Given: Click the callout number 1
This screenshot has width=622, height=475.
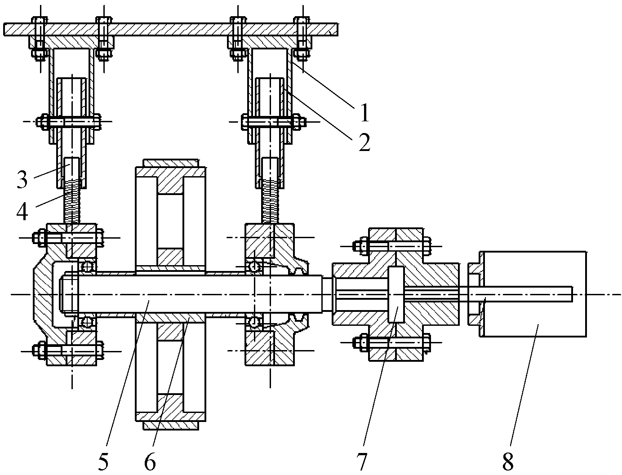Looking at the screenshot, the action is click(x=364, y=112).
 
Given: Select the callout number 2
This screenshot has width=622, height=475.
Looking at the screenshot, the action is click(x=364, y=142).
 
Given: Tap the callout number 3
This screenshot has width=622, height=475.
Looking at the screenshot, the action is click(x=22, y=179).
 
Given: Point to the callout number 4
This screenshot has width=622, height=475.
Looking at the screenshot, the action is click(x=22, y=211).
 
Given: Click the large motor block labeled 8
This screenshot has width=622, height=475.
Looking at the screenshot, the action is click(x=533, y=294).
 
